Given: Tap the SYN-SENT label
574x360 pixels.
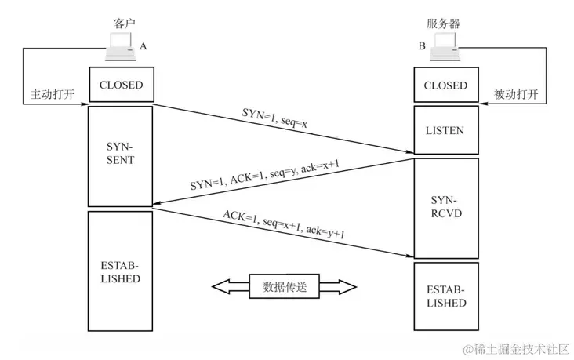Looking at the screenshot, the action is [121, 154].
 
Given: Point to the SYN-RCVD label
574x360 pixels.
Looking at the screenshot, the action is [446, 207].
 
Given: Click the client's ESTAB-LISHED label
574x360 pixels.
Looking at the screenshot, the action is [120, 272].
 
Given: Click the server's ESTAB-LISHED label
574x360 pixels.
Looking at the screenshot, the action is [446, 296].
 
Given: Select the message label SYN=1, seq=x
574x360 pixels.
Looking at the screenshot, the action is [274, 118].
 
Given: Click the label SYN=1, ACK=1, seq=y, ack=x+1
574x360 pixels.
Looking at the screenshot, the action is [265, 174].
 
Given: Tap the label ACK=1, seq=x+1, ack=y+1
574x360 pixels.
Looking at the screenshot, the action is [284, 224].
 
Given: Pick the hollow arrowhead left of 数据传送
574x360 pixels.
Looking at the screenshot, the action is [231, 287].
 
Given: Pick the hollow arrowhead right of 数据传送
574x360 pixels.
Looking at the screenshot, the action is [338, 287].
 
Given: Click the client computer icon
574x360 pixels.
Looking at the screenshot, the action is [121, 46].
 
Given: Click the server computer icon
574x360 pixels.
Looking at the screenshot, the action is [445, 46].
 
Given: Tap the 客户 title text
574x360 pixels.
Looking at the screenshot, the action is [125, 24].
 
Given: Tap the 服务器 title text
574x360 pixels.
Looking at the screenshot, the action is [443, 24].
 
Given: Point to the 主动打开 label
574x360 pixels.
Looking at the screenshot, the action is [53, 94].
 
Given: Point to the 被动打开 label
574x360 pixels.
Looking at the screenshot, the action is [516, 94].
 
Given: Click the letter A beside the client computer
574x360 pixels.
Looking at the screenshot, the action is [143, 46].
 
